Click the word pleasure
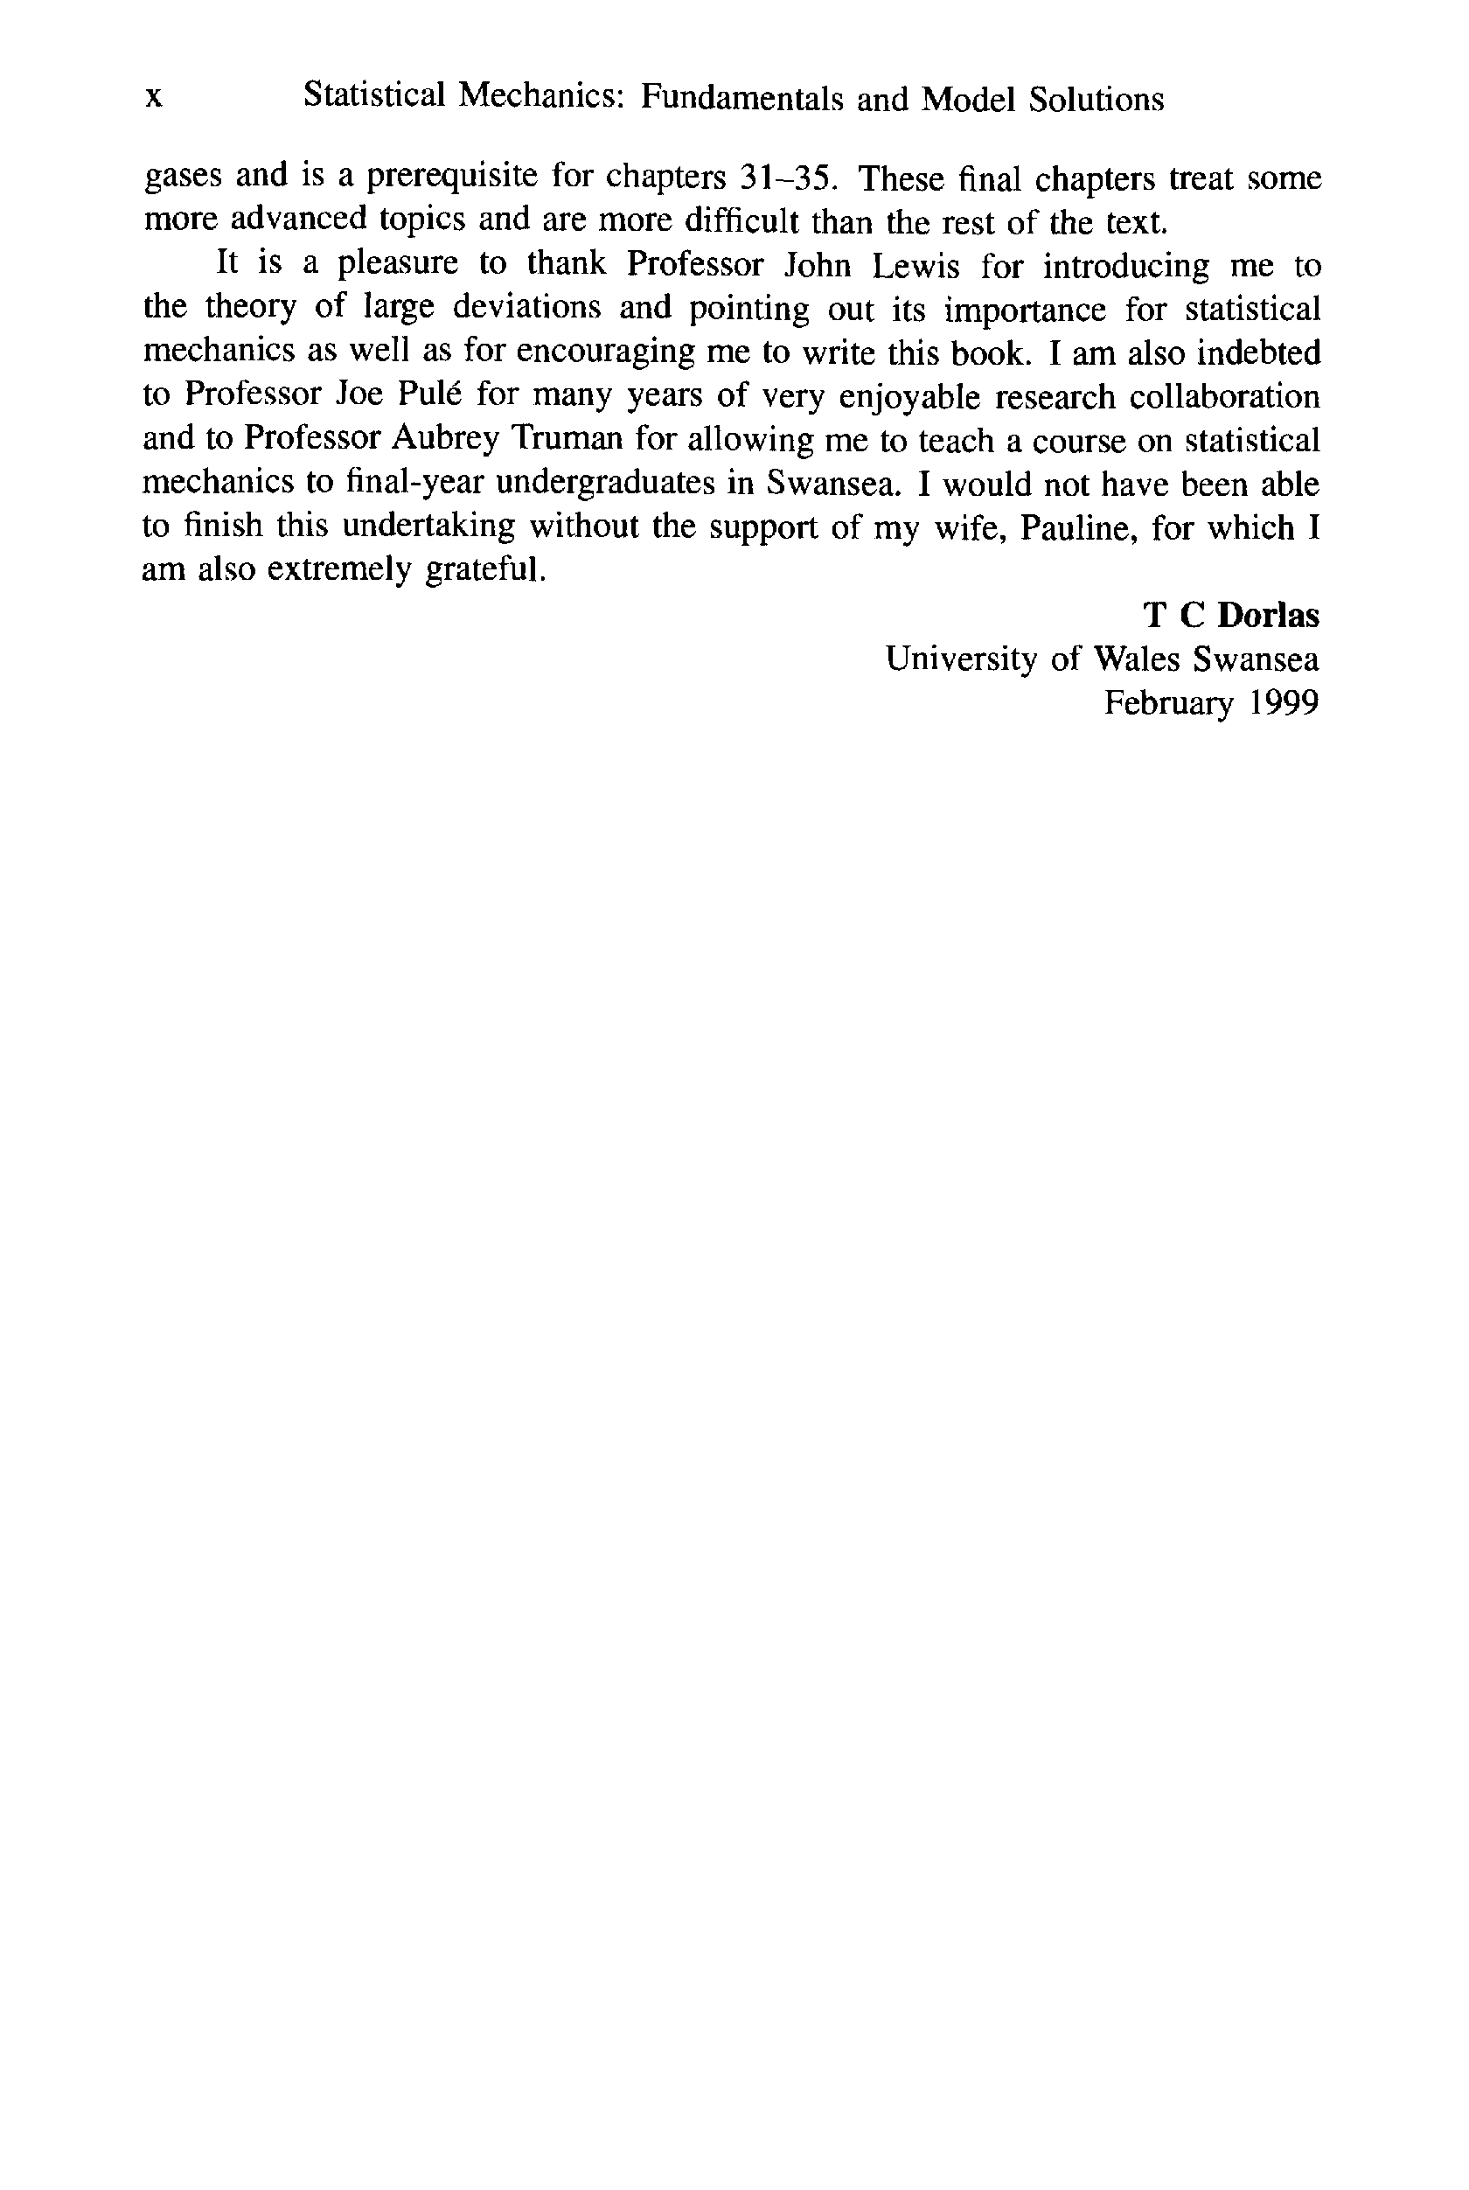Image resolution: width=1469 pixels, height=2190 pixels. (x=398, y=266)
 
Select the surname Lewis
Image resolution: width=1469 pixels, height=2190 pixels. (x=916, y=266)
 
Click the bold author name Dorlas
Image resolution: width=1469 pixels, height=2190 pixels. (x=1269, y=616)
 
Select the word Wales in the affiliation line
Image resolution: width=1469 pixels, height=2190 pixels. (x=1137, y=659)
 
